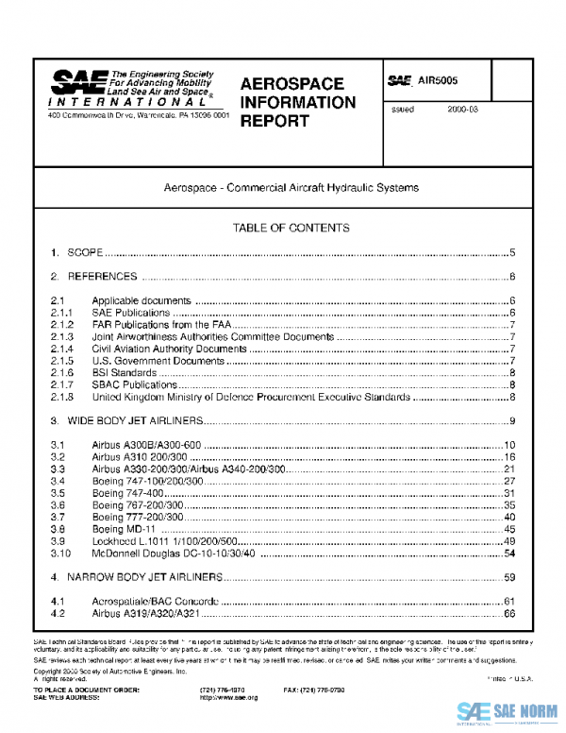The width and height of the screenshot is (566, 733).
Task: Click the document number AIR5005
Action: click(438, 82)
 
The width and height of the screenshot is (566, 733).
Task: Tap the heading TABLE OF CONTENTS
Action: click(291, 228)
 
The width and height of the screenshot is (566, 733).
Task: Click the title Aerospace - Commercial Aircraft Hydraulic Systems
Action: click(291, 188)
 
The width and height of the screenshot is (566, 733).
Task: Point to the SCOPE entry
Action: click(85, 253)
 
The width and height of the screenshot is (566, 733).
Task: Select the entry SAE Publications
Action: click(130, 312)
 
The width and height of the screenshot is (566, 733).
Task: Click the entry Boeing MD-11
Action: click(122, 529)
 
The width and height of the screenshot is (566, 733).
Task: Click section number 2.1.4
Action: click(62, 349)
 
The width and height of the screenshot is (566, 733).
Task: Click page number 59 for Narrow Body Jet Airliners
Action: click(509, 576)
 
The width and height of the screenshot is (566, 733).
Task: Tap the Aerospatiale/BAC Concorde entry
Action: click(156, 601)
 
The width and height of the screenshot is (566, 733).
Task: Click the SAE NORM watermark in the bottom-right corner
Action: click(509, 711)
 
